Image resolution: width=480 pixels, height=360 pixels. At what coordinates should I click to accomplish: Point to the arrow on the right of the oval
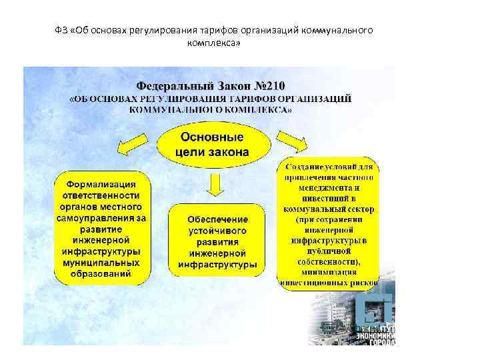click(x=291, y=141)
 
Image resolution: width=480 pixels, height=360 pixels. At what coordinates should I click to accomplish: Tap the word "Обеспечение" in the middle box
click(x=217, y=219)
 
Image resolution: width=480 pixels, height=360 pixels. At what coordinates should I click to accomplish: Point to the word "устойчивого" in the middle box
click(x=217, y=231)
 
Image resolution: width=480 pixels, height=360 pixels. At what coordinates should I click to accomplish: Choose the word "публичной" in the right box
click(x=329, y=251)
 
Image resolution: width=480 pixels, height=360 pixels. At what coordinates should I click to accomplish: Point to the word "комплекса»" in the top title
click(x=215, y=43)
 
